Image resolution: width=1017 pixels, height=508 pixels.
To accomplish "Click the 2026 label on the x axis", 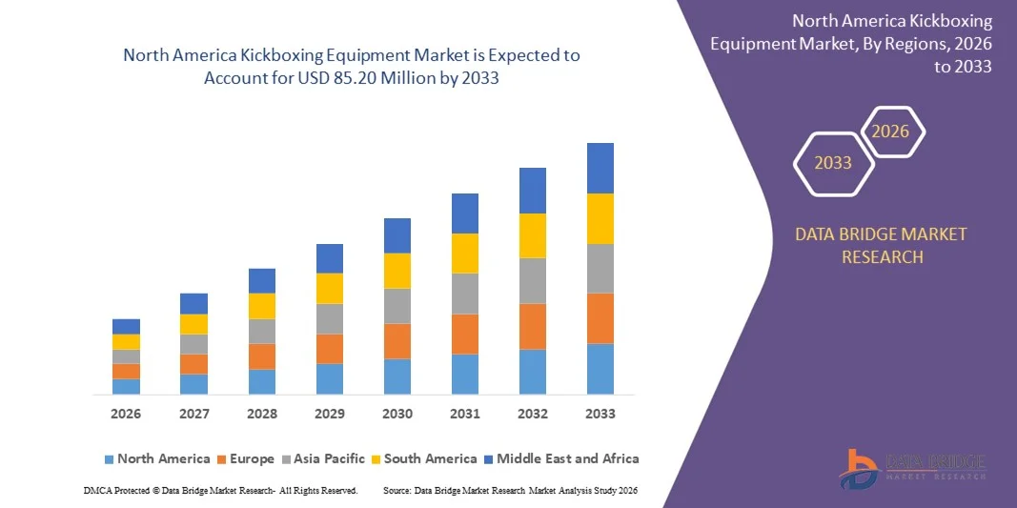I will click(x=126, y=414).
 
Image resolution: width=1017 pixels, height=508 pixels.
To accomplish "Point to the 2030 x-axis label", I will click(x=397, y=414).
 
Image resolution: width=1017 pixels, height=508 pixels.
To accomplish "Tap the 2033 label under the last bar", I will click(x=600, y=414).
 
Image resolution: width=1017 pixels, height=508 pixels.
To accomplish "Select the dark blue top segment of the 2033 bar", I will click(x=600, y=168).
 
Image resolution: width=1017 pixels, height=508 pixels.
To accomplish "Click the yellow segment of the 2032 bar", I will click(x=533, y=235).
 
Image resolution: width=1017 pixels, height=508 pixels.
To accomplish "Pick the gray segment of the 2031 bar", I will click(x=465, y=294).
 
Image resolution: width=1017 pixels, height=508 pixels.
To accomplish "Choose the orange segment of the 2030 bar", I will click(x=397, y=340).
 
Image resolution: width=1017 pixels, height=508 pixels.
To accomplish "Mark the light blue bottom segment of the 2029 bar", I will click(x=330, y=378).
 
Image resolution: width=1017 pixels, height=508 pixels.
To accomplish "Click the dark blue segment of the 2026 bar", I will click(x=126, y=326).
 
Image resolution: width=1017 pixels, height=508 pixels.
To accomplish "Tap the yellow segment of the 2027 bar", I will click(x=194, y=324).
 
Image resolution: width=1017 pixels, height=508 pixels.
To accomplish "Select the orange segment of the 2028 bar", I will click(x=262, y=356).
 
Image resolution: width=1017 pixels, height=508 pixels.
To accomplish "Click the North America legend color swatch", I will click(x=109, y=459).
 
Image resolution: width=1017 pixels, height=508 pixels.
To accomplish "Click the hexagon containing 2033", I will click(x=834, y=163).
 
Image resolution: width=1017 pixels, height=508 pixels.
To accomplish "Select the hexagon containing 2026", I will click(x=892, y=132).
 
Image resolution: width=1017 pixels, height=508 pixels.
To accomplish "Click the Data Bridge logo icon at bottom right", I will click(x=859, y=468).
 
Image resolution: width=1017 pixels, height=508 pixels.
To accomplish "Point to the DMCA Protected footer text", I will click(x=220, y=490).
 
